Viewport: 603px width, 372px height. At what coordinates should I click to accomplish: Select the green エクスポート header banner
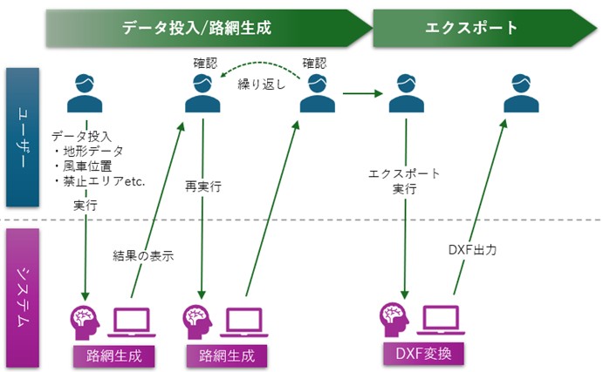pyautogui.click(x=471, y=28)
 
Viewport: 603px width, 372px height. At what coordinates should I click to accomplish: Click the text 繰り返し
pyautogui.click(x=261, y=85)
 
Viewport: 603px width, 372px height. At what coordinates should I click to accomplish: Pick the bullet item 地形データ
pyautogui.click(x=93, y=151)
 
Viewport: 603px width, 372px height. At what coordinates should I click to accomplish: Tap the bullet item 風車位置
pyautogui.click(x=87, y=166)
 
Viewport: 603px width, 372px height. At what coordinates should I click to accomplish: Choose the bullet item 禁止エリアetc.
pyautogui.click(x=99, y=180)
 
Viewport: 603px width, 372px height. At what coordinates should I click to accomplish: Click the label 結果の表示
pyautogui.click(x=143, y=255)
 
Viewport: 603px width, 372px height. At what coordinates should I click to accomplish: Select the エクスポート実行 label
pyautogui.click(x=404, y=180)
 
